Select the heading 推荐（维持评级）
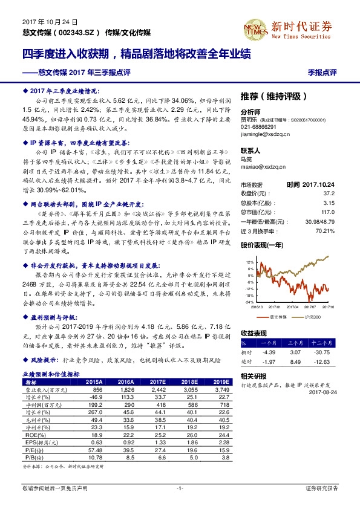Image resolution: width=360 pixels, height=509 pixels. click(273, 96)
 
